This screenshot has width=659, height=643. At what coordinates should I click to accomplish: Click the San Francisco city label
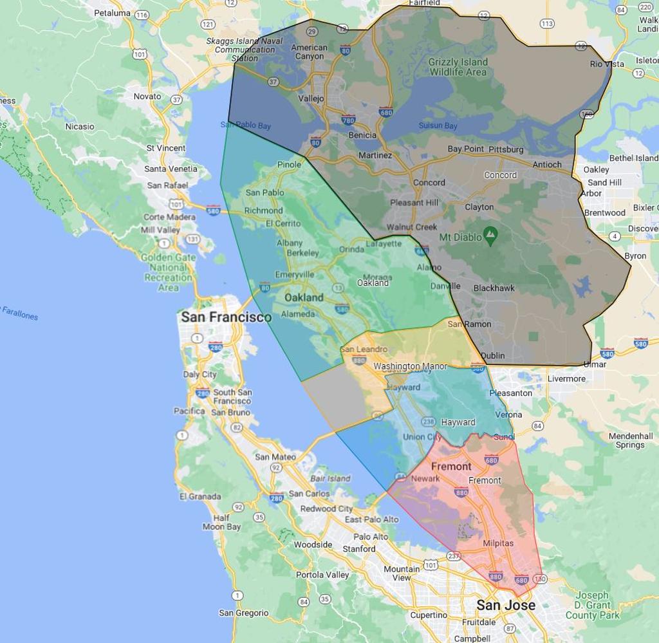coord(226,317)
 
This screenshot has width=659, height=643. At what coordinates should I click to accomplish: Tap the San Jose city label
coord(505,605)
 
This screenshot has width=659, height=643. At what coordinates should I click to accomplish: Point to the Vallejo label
coord(311,99)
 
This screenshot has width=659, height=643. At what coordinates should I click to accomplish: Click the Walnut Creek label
coord(411,227)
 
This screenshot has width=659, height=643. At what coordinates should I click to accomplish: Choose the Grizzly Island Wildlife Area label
coord(458,67)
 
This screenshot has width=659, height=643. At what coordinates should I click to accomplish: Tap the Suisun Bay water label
coord(438,126)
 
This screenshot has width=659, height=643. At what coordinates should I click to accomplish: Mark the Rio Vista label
coord(607,64)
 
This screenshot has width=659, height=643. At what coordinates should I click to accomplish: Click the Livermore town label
coord(566,378)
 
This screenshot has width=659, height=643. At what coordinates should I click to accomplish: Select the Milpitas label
coord(498,543)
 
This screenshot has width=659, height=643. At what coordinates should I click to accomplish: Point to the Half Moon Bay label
coord(222,522)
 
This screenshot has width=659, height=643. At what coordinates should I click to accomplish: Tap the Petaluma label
coord(112,13)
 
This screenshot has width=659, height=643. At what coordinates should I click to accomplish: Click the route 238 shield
coord(428,422)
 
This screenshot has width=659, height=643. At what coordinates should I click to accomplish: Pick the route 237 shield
coord(454,556)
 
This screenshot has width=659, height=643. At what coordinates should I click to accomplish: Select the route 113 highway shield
coord(547,24)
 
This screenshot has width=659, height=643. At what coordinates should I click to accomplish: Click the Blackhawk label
coord(494,288)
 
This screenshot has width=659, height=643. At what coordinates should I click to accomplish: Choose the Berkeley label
coord(302,253)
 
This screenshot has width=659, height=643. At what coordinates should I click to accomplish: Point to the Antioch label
coord(547,165)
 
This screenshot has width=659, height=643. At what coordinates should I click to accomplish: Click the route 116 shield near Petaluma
coord(142,15)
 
